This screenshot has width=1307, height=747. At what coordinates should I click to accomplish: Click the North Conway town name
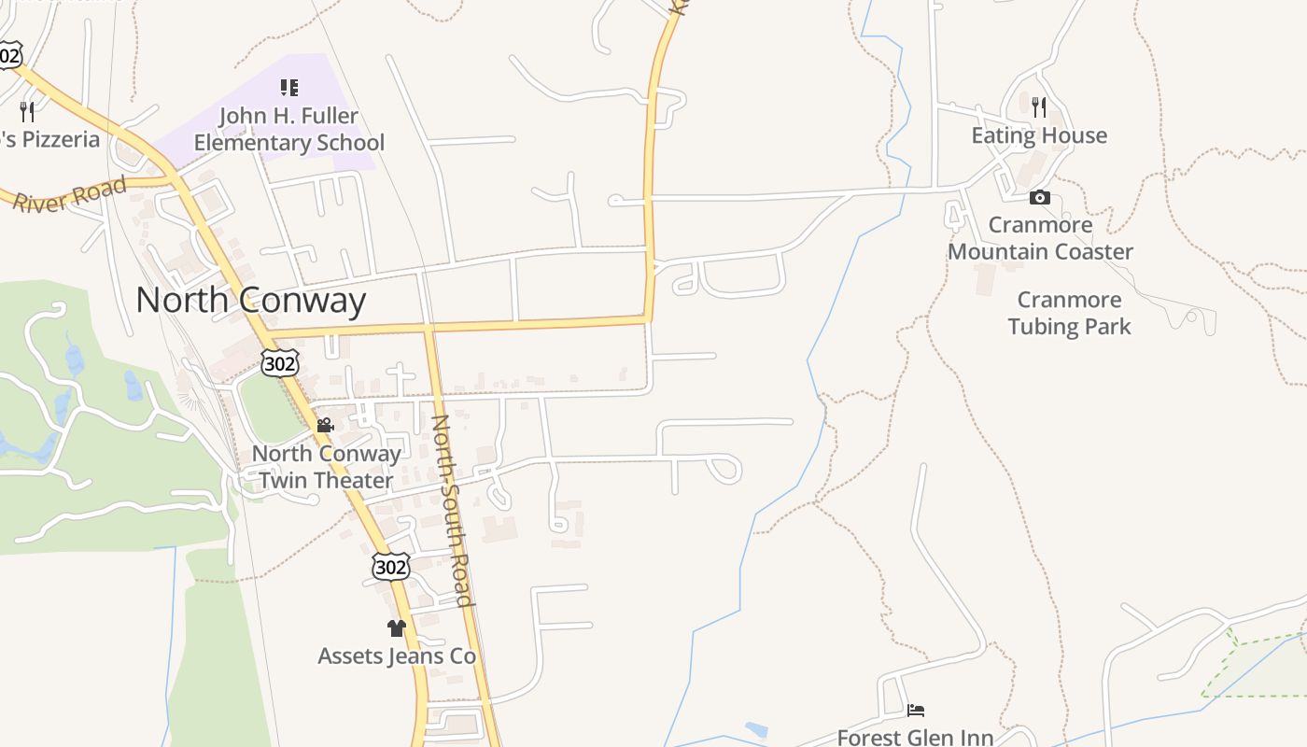click(250, 301)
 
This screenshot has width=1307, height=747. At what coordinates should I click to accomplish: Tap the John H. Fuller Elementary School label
click(288, 130)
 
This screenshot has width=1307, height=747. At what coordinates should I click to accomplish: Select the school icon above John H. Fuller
click(288, 88)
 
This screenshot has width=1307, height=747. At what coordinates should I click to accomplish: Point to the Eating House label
click(1039, 136)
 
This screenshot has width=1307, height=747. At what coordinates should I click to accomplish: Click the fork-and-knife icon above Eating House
click(1039, 106)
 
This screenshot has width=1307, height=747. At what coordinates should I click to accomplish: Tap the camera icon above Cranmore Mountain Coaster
click(1039, 198)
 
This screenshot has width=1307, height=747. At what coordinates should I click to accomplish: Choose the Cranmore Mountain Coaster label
click(1040, 238)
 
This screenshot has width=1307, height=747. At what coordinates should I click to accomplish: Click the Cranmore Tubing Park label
click(1069, 313)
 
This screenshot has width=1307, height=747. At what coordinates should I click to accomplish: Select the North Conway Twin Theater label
click(326, 467)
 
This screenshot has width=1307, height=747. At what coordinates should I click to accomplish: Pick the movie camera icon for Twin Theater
click(325, 426)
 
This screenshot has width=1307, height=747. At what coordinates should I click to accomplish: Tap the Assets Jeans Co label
click(397, 656)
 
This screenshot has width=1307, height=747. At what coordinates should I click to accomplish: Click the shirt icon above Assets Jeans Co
click(396, 628)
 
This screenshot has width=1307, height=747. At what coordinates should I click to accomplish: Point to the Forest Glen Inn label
click(915, 737)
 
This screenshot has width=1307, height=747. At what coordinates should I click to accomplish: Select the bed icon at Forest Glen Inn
click(915, 711)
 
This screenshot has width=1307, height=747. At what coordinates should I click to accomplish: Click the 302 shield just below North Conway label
click(279, 363)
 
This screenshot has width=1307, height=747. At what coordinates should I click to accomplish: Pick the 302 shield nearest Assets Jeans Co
click(390, 567)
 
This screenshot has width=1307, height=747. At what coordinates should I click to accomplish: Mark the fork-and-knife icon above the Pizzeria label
click(27, 112)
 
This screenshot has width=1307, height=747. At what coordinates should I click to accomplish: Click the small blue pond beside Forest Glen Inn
click(756, 728)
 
